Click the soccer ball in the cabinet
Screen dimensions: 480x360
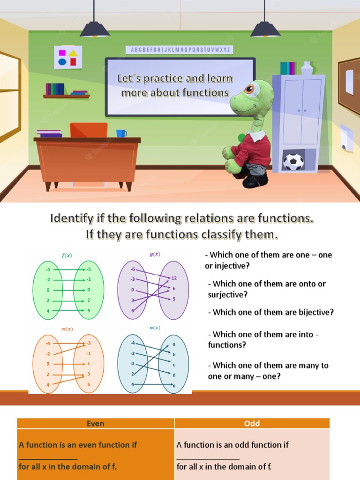293,162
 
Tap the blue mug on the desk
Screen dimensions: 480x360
121,134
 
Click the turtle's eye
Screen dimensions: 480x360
251,90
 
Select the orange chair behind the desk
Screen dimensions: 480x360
89,130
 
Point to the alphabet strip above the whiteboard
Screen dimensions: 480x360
179,50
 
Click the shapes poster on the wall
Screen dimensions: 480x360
68,57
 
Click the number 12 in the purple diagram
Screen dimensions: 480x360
174,278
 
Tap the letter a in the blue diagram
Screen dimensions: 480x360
174,344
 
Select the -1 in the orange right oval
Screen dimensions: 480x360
88,353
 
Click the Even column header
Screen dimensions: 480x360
96,423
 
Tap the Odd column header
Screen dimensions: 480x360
252,423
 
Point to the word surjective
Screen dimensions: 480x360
227,294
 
